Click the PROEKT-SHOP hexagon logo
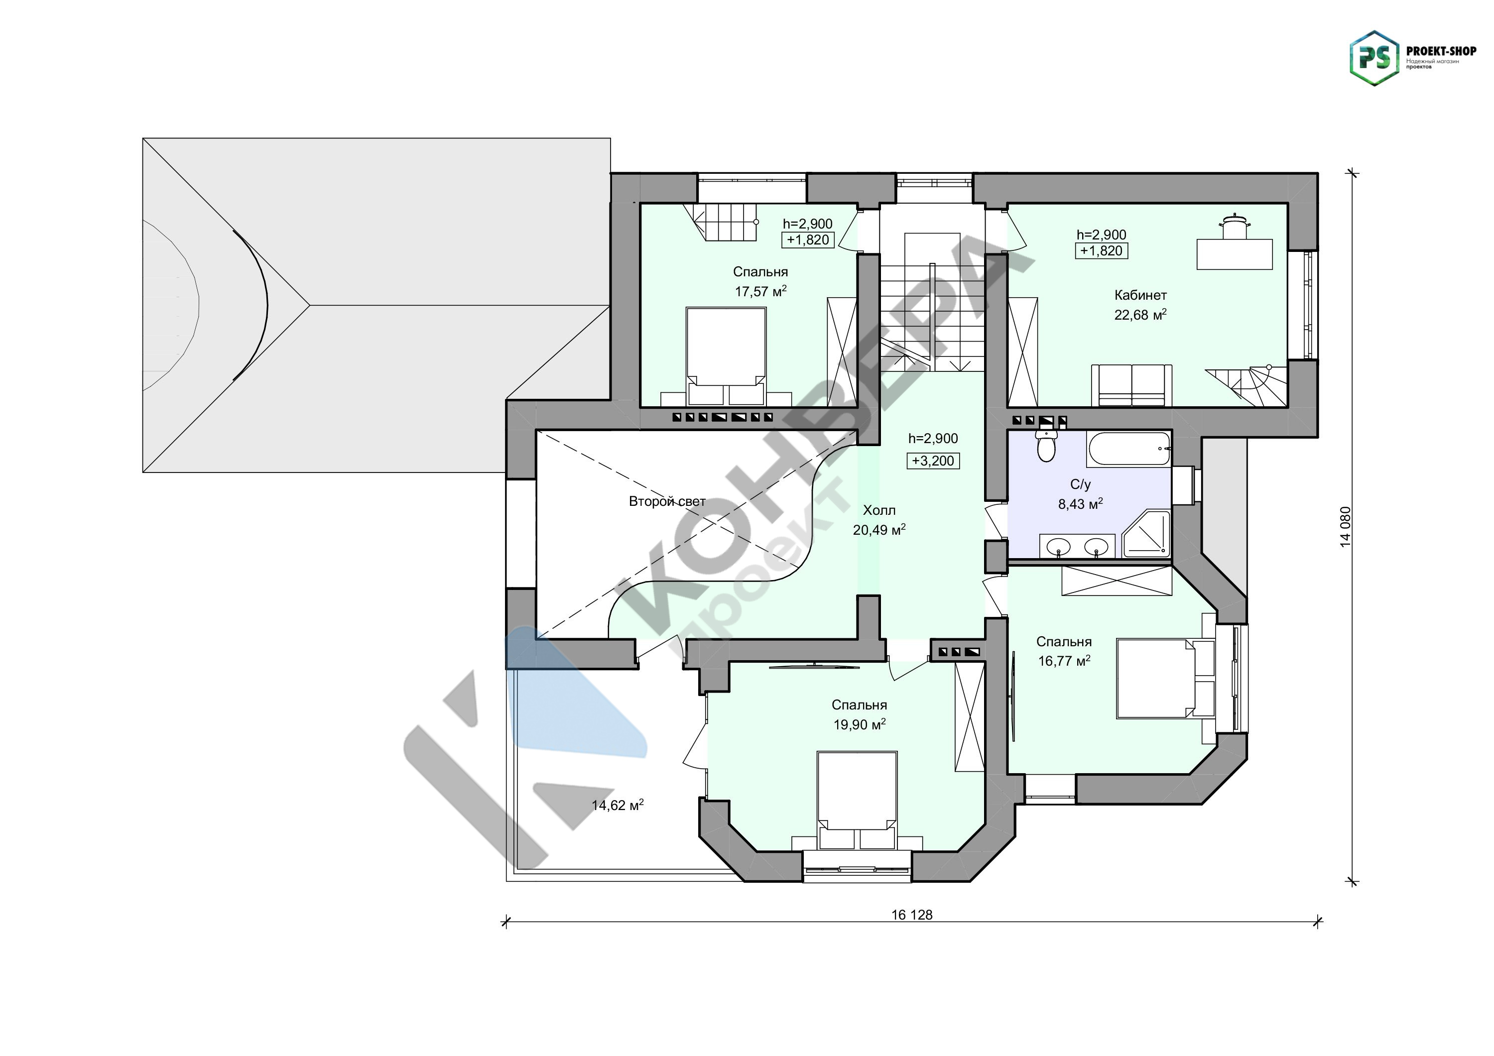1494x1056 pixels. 1374,58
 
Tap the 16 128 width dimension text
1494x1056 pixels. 912,915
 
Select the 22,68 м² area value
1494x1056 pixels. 1140,315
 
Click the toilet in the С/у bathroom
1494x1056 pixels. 1046,446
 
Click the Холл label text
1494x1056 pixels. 879,510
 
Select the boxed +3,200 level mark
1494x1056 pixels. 933,461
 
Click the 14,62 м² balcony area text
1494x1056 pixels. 618,805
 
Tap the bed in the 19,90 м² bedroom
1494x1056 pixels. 857,800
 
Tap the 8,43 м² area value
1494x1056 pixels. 1080,503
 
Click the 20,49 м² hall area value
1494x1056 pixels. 879,530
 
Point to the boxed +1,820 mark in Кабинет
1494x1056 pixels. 1101,250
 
